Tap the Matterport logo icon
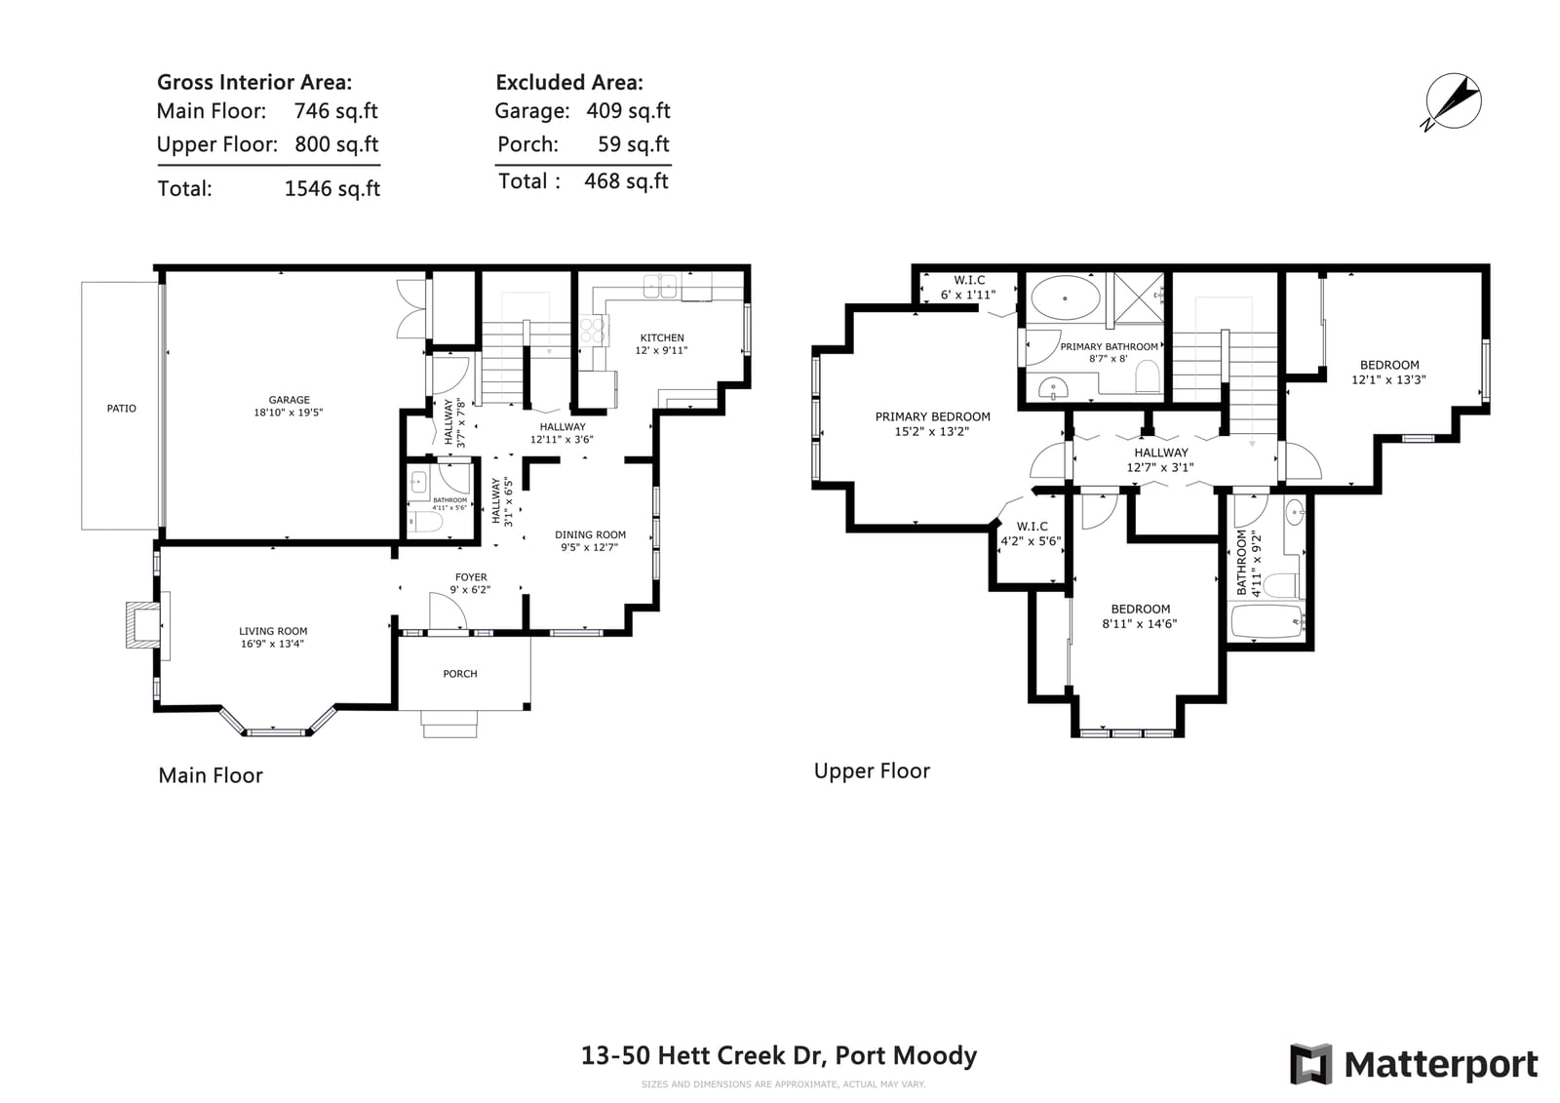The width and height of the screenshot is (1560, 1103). pyautogui.click(x=1310, y=1064)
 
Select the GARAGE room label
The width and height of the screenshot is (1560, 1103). pyautogui.click(x=289, y=400)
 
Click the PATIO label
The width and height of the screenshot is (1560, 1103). pyautogui.click(x=121, y=409)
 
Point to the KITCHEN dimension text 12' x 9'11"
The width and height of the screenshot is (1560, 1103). pyautogui.click(x=661, y=350)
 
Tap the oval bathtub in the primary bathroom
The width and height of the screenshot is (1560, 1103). pyautogui.click(x=1065, y=298)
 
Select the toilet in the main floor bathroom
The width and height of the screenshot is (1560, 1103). pyautogui.click(x=425, y=522)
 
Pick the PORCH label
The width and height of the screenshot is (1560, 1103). pyautogui.click(x=460, y=674)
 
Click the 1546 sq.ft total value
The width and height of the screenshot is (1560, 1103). pyautogui.click(x=332, y=189)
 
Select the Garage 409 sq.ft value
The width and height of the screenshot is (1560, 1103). pyautogui.click(x=628, y=111)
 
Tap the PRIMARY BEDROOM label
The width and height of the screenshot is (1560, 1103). pyautogui.click(x=932, y=416)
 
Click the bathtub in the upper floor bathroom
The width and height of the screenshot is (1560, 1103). pyautogui.click(x=1267, y=621)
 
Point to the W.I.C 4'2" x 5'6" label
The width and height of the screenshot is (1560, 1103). pyautogui.click(x=1032, y=533)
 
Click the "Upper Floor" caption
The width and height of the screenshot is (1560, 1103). pyautogui.click(x=872, y=770)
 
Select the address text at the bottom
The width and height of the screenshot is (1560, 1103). pyautogui.click(x=779, y=1055)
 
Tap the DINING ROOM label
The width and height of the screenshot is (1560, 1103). pyautogui.click(x=590, y=535)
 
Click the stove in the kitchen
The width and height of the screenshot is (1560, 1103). pyautogui.click(x=593, y=331)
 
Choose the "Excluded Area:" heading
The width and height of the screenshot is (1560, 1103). pyautogui.click(x=569, y=82)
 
